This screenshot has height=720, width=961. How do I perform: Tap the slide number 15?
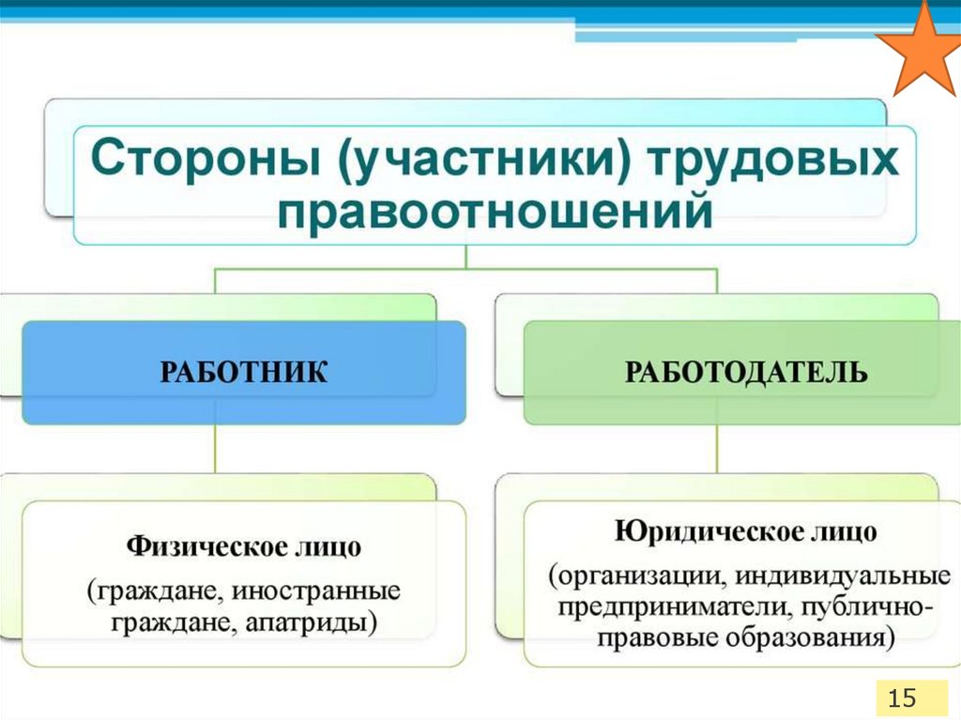[901, 697]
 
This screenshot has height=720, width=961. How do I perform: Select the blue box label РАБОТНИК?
[244, 373]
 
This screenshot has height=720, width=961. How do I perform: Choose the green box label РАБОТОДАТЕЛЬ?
[746, 373]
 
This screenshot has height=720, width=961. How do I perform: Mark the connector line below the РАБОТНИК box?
[216, 448]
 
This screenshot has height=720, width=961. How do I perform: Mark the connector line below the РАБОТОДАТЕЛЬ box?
[717, 448]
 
